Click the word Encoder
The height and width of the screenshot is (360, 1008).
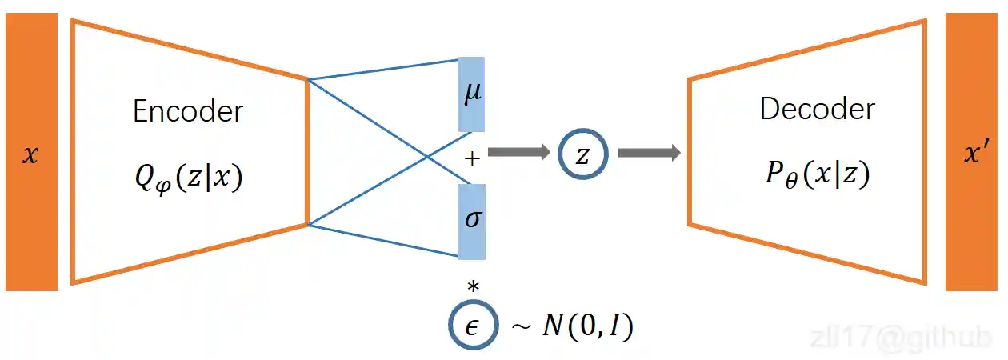click(x=187, y=111)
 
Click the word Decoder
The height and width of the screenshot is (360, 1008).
click(x=817, y=109)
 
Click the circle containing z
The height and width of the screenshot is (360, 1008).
click(x=582, y=155)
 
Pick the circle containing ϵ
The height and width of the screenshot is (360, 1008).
click(x=471, y=327)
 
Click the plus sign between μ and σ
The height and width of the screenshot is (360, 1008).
click(x=472, y=158)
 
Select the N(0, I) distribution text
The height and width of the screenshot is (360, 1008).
click(x=583, y=327)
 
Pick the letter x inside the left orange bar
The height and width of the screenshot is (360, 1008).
click(x=30, y=154)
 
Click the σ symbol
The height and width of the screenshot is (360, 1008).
click(x=473, y=219)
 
